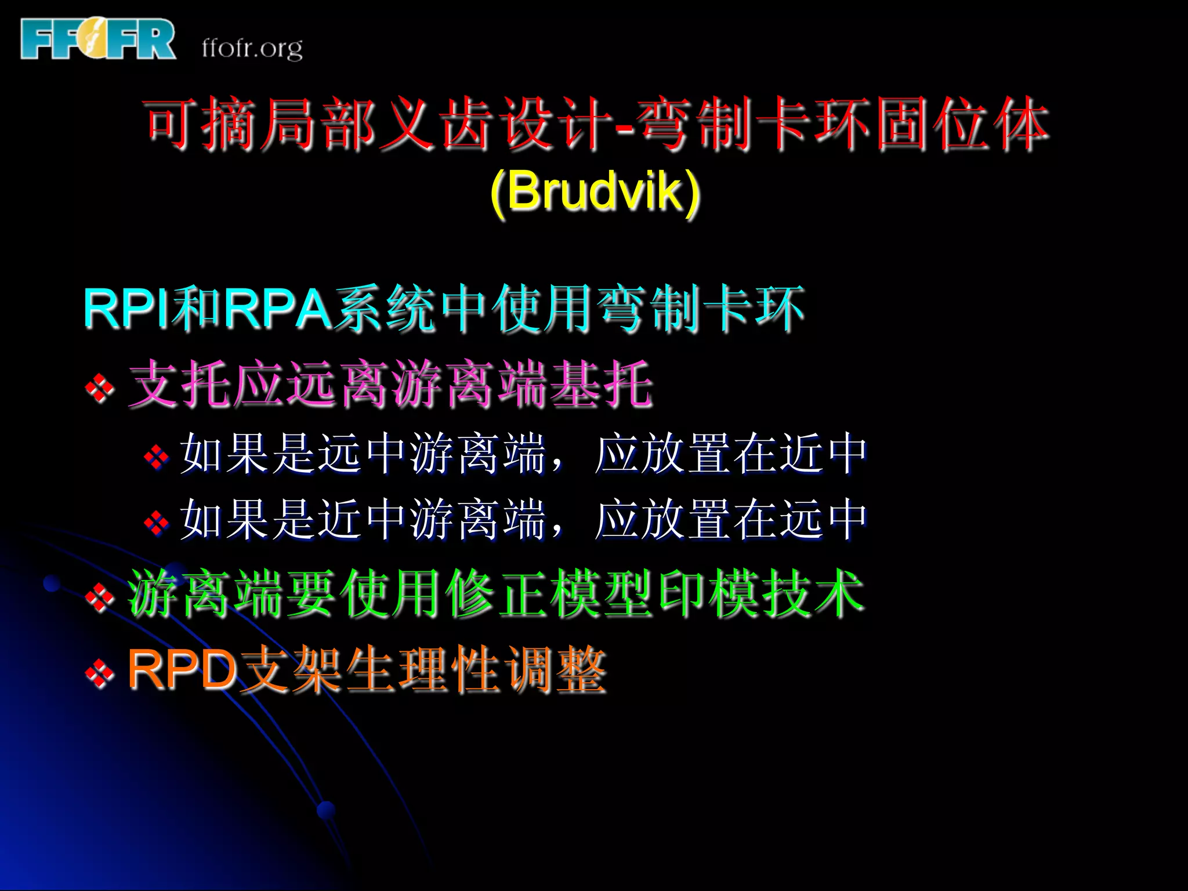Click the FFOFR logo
click(97, 39)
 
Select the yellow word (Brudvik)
click(595, 191)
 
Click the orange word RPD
click(182, 669)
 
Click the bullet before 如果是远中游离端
click(157, 457)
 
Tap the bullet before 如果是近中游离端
click(157, 523)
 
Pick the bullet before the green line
click(100, 596)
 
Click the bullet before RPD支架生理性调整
click(100, 673)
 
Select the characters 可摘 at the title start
click(200, 124)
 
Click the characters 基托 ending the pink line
click(601, 383)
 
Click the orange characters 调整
click(554, 670)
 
